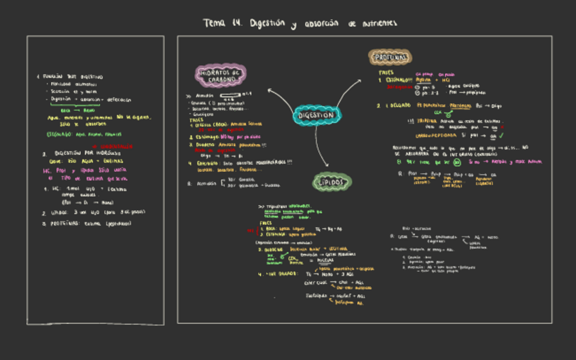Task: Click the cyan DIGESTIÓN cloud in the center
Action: point(316,115)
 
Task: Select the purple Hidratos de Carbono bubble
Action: point(220,75)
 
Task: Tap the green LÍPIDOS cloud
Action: point(333,182)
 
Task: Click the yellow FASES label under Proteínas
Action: point(386,71)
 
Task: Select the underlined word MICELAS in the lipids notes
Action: point(325,259)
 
